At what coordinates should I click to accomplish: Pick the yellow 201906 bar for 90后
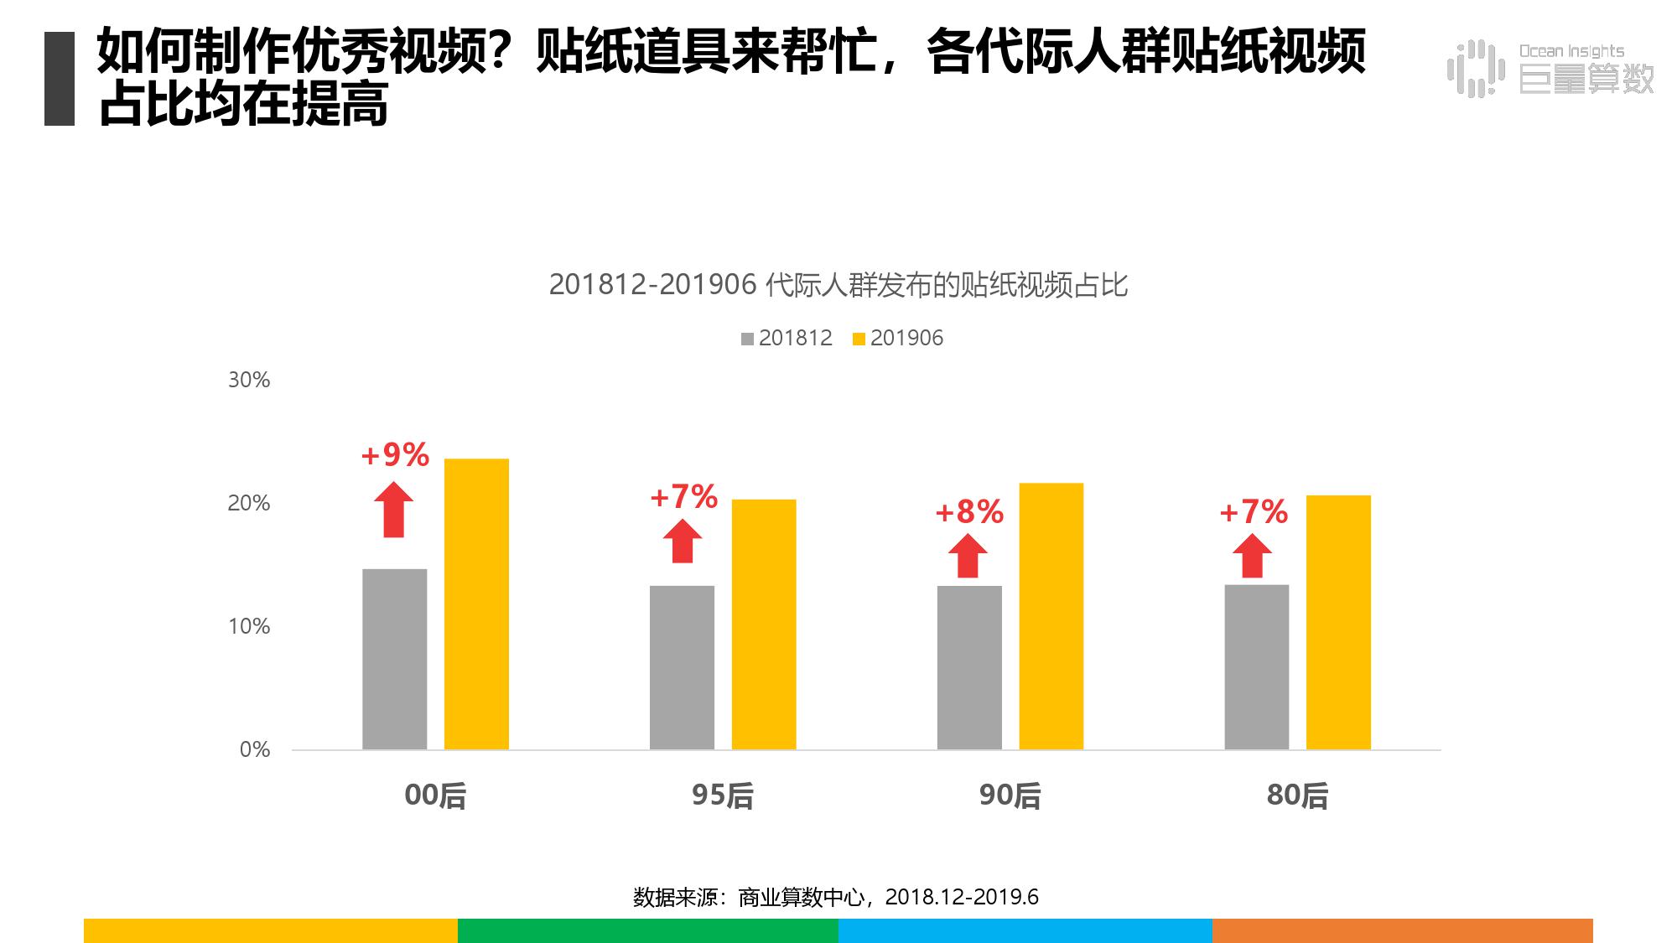tap(1051, 616)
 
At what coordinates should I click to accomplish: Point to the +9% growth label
tap(395, 455)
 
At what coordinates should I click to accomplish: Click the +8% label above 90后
tap(969, 512)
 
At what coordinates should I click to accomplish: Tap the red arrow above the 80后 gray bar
tap(1252, 557)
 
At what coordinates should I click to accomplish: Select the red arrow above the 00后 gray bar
tap(393, 510)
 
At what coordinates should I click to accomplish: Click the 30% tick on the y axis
tap(249, 380)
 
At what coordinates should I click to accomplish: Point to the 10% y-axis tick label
tap(249, 626)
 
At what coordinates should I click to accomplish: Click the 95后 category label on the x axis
tap(722, 795)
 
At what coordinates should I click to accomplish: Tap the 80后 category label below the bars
tap(1297, 795)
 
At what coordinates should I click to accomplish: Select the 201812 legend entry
tap(787, 338)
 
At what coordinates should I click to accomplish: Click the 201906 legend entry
tap(898, 338)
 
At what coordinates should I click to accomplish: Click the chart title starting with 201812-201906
tap(838, 285)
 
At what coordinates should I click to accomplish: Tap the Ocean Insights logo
tap(1551, 68)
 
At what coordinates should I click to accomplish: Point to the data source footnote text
tap(836, 897)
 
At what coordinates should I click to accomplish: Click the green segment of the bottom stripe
tap(648, 930)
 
